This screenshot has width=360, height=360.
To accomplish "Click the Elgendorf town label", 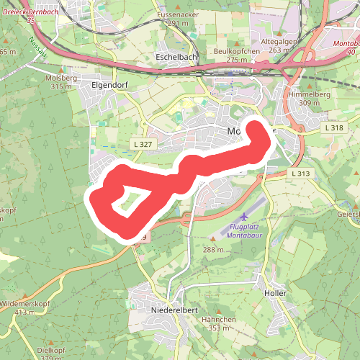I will point(109,84).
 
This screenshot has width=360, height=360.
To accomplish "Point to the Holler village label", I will point(276,294).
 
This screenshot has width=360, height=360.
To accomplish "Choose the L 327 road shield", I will point(143,145).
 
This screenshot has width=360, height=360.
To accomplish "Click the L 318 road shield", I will point(333,127).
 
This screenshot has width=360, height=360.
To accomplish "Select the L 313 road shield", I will point(300,174).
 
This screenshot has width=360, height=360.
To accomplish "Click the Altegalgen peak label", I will point(279,42).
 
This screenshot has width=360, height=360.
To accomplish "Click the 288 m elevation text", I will point(214,249).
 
